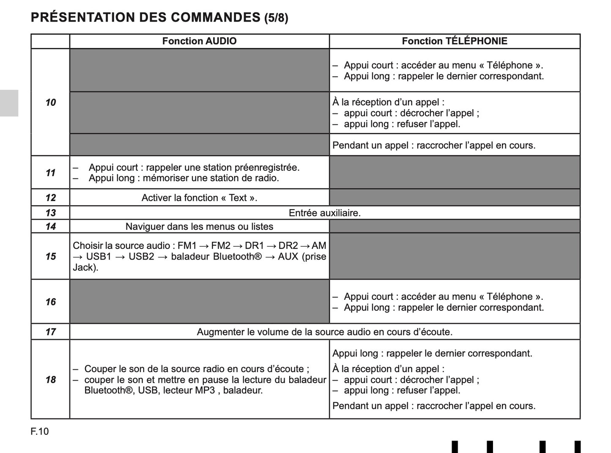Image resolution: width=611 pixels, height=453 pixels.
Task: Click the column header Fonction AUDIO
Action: tap(199, 41)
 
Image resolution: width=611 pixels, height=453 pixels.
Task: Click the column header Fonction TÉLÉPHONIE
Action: tap(454, 41)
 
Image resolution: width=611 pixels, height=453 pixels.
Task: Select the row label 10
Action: tap(50, 102)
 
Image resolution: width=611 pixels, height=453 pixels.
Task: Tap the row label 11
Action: tap(50, 173)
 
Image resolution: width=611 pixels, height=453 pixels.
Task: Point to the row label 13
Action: tap(50, 213)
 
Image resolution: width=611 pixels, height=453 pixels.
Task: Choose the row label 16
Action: tap(50, 302)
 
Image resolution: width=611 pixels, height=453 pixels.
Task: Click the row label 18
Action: tap(50, 380)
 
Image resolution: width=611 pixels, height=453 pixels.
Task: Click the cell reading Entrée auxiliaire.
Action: tap(324, 213)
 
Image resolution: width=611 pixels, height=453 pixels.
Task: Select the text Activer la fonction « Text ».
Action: tap(199, 198)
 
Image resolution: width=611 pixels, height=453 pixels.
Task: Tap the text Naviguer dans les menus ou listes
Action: tap(199, 226)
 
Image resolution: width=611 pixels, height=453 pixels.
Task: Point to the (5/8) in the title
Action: tap(276, 18)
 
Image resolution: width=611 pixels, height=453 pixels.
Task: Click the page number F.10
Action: tap(40, 431)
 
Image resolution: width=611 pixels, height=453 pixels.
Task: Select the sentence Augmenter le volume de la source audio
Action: tap(324, 332)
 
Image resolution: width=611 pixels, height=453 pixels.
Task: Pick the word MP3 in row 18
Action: tap(205, 390)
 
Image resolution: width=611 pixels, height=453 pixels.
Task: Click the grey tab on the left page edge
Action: tap(9, 103)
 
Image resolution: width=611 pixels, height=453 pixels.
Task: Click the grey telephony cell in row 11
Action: tap(455, 172)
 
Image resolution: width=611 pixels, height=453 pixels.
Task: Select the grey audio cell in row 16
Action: tap(199, 301)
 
